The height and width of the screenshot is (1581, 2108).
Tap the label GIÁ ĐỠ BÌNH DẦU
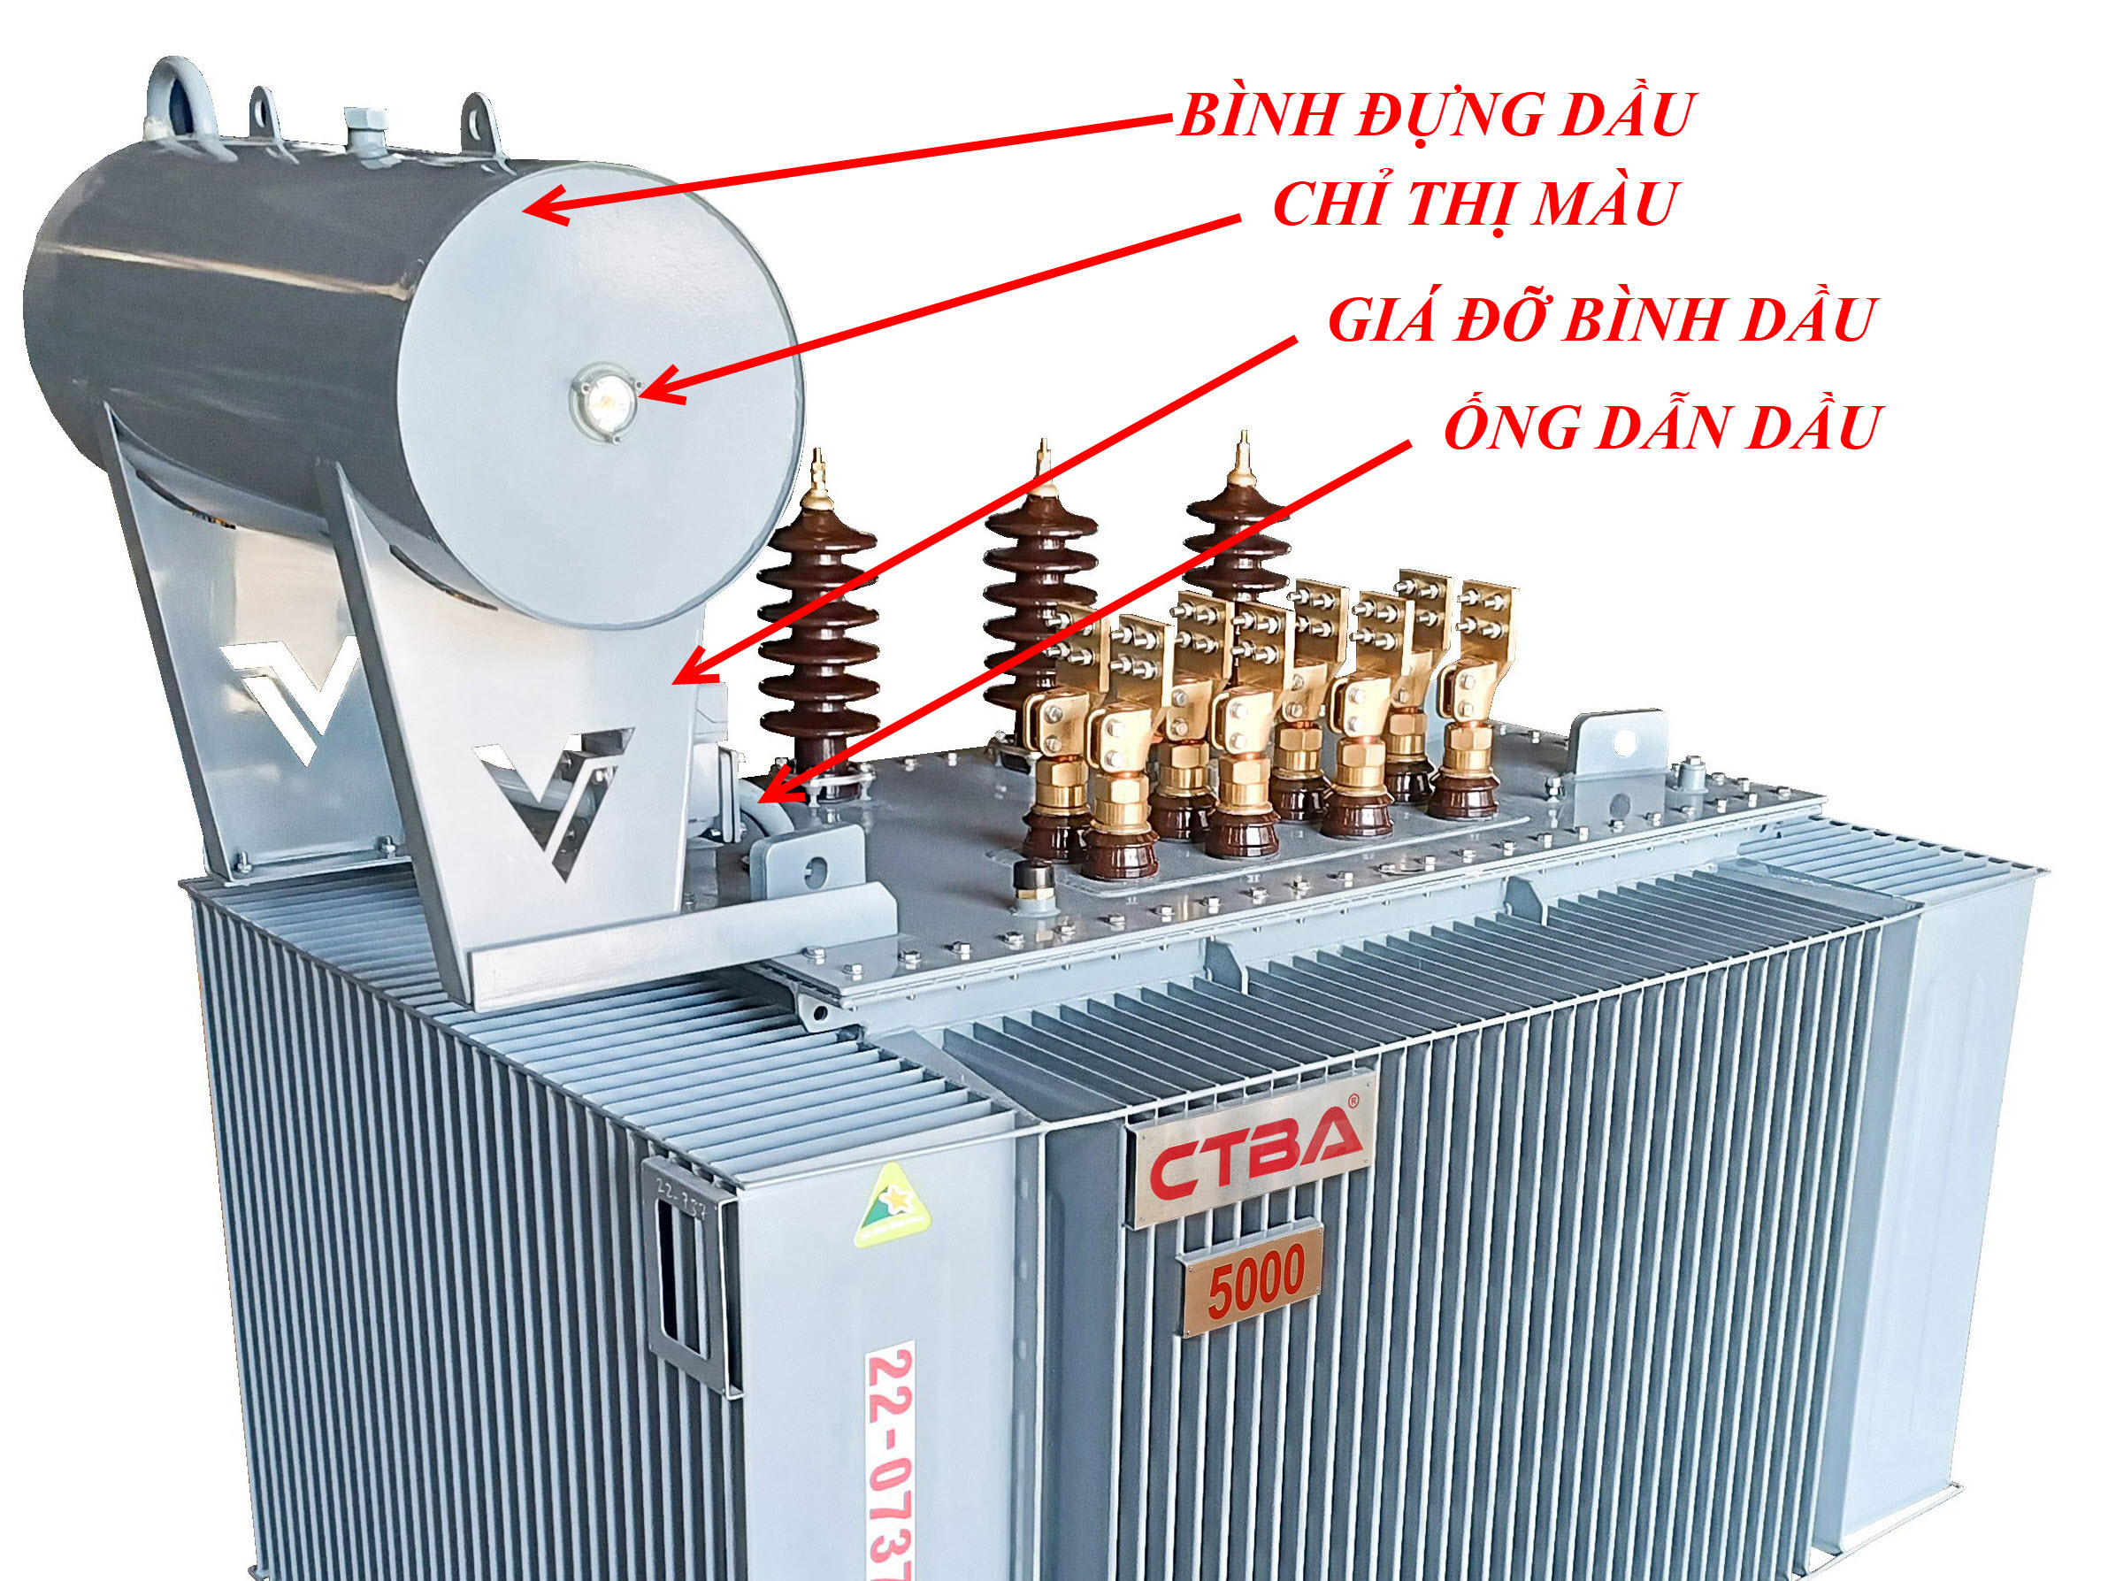[x=1601, y=319]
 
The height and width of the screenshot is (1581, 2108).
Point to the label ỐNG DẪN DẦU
[x=1663, y=428]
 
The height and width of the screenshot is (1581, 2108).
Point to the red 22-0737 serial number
[x=889, y=1458]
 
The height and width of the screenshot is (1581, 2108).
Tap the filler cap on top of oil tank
[x=365, y=128]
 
